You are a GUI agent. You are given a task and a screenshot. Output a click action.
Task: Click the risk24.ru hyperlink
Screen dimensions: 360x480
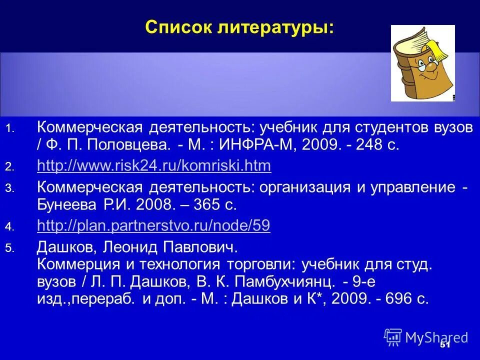click(154, 165)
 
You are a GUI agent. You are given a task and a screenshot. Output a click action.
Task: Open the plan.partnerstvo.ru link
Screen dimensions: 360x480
click(153, 226)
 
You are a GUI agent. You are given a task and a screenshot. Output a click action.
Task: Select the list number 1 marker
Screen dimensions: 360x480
click(9, 129)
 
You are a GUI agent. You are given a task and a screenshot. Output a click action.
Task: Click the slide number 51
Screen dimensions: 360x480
click(445, 345)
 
